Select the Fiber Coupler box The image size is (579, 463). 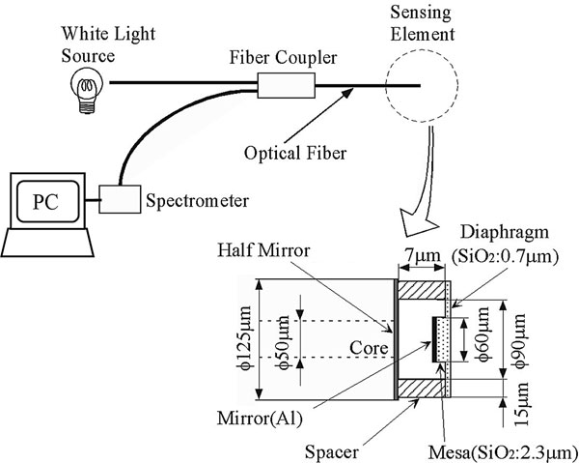[283, 88]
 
